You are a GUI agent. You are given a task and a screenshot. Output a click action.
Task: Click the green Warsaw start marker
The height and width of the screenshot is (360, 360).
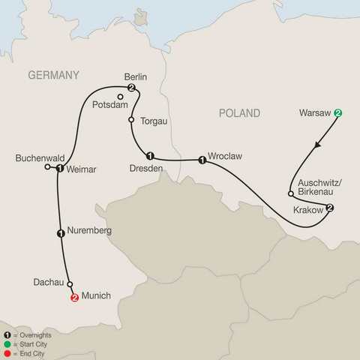338,113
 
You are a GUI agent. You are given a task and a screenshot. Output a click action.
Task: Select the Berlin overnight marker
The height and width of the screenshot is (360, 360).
132,89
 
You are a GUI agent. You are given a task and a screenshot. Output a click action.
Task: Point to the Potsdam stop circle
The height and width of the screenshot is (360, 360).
120,97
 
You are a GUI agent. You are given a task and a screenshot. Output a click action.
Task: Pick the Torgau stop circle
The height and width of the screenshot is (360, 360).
131,120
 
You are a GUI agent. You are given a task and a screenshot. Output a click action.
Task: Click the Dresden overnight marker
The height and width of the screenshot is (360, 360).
150,156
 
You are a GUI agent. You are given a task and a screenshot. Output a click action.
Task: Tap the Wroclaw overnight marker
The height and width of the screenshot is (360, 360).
202,160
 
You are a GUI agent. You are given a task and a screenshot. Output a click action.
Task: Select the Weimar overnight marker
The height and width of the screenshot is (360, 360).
59,169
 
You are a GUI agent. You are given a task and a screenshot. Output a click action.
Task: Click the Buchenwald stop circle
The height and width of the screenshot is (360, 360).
48,167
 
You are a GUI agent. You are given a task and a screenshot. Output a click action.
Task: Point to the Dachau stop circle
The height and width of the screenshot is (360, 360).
70,284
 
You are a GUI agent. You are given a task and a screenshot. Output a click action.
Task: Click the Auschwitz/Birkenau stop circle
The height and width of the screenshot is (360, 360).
291,193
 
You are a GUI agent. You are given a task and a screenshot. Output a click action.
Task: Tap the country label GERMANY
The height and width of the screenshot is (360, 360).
53,75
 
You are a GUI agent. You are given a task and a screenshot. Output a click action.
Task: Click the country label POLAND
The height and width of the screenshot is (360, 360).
239,113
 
